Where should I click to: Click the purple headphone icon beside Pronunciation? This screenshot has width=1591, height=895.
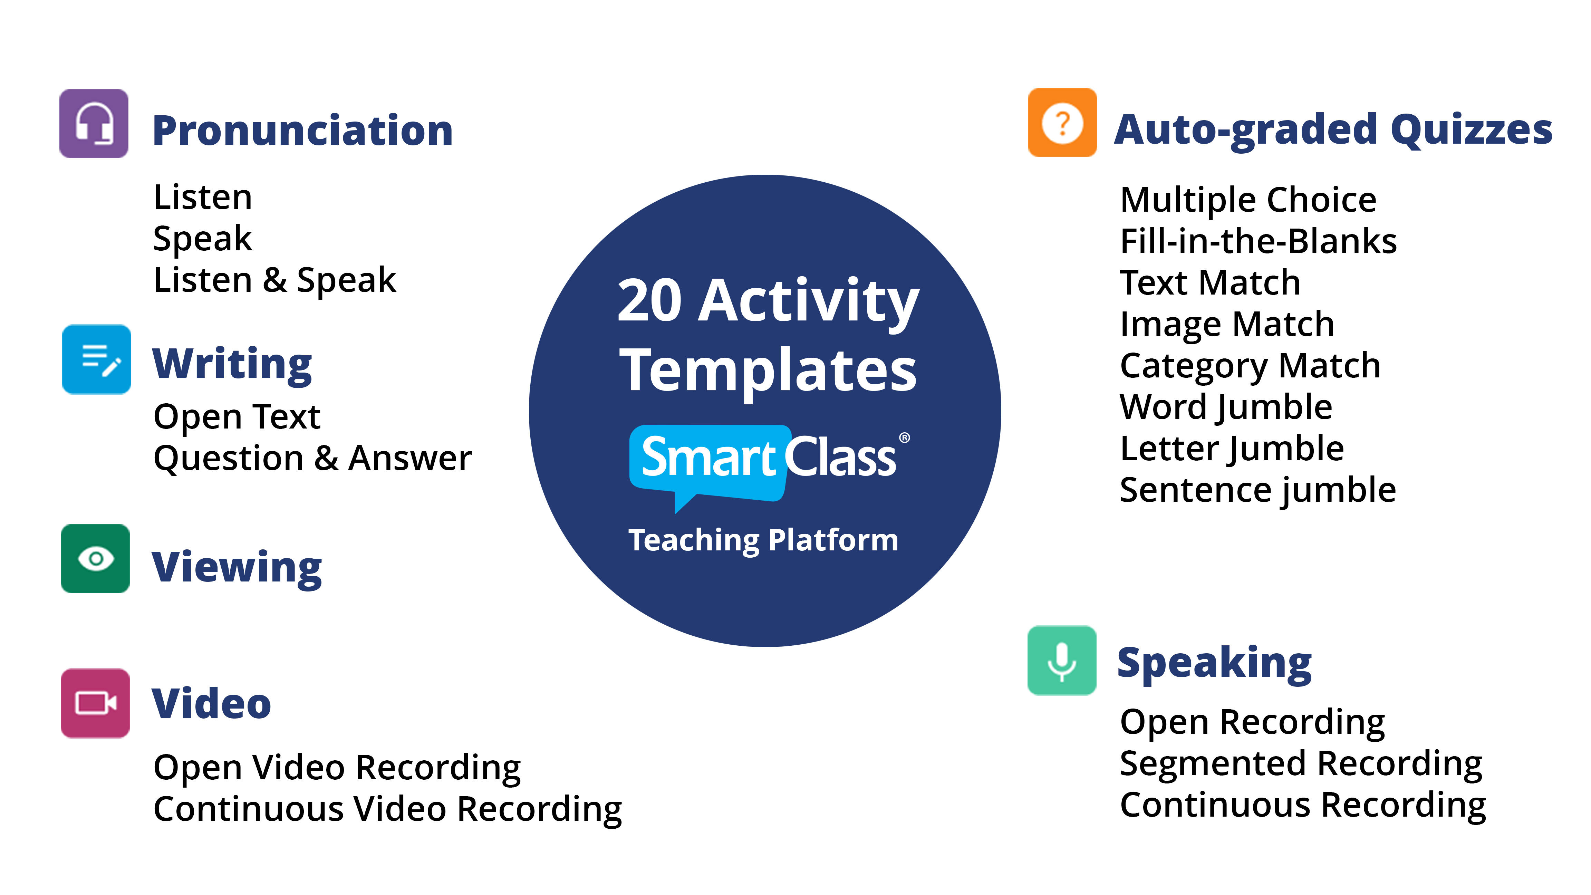click(94, 124)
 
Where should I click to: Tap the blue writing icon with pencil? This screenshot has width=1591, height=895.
click(96, 359)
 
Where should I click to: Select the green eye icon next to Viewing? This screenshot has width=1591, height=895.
click(95, 559)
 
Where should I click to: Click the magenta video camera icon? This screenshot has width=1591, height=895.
click(95, 703)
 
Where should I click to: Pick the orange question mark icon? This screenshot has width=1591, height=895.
click(1062, 123)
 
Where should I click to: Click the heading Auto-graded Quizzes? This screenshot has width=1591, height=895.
click(1333, 130)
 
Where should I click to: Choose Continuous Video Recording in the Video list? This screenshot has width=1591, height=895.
click(388, 809)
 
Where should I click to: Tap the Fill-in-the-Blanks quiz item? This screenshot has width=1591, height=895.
click(1258, 241)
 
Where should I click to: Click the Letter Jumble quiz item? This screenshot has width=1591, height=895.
click(1232, 449)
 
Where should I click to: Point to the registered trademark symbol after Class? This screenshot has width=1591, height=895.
click(904, 438)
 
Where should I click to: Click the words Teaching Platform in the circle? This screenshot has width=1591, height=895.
click(763, 540)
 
